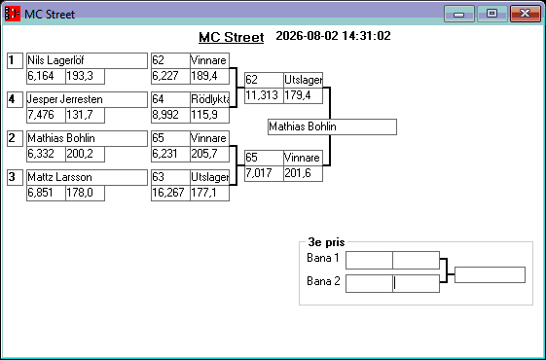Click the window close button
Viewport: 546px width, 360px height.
(526, 14)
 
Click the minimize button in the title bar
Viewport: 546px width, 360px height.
(459, 14)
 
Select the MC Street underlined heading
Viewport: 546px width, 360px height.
(232, 37)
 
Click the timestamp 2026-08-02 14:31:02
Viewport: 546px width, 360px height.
(333, 36)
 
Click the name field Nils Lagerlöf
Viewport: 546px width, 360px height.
(87, 60)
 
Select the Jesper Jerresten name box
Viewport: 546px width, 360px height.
(87, 99)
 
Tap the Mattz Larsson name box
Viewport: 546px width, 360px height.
(87, 177)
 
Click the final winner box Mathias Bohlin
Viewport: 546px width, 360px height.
(332, 126)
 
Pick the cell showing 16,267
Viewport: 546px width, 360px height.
(170, 193)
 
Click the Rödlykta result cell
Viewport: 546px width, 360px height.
(209, 99)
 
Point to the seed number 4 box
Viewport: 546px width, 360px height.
(15, 99)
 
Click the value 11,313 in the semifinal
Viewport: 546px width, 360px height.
(264, 95)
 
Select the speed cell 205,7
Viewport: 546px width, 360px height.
(209, 154)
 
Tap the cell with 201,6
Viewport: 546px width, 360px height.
(303, 173)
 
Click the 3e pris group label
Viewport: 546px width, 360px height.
(326, 242)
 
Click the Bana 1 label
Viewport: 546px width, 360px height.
(323, 258)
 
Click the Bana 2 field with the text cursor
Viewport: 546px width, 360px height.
(416, 283)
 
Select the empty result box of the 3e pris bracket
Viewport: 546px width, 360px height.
(490, 275)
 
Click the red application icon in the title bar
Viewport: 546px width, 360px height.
(13, 14)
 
